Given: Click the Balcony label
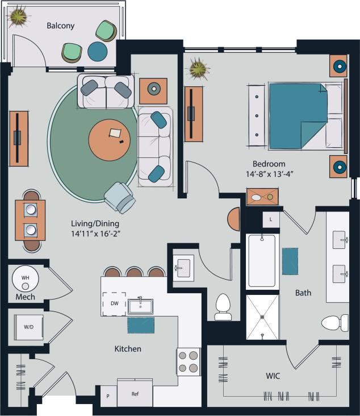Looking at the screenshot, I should point(60,26).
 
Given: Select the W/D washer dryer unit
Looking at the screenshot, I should point(27,327).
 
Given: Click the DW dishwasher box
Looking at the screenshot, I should point(114,303).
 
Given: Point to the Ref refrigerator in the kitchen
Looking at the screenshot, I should point(135,393).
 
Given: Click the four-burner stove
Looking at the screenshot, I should point(188,361).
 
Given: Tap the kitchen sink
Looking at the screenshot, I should point(140,306).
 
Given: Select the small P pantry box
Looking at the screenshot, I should point(108,396).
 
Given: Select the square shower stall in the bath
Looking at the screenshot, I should point(262,316).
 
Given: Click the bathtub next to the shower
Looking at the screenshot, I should point(262,261).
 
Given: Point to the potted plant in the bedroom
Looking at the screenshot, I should point(199,69).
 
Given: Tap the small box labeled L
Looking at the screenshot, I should point(271,219).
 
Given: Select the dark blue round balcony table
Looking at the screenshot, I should point(98,52).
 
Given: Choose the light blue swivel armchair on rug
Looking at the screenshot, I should point(120,197).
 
